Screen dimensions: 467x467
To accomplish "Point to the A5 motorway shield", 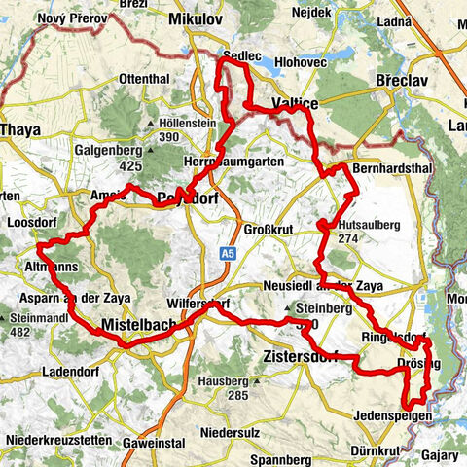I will (x=227, y=253).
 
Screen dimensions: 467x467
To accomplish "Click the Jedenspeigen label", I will (x=392, y=414).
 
